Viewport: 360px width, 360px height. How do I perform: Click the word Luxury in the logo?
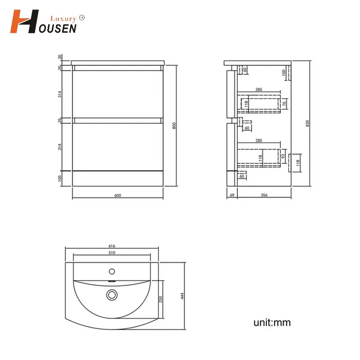pyautogui.click(x=63, y=19)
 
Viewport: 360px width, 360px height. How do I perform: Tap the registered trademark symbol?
pyautogui.click(x=82, y=18)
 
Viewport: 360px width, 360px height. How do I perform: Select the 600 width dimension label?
pyautogui.click(x=117, y=195)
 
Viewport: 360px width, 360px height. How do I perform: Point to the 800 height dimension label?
pyautogui.click(x=174, y=126)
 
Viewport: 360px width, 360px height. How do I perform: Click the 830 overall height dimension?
pyautogui.click(x=307, y=123)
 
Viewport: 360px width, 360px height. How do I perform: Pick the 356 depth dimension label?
pyautogui.click(x=264, y=195)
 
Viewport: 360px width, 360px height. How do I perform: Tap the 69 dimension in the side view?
pyautogui.click(x=232, y=195)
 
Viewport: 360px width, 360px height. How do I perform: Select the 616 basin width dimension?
pyautogui.click(x=112, y=246)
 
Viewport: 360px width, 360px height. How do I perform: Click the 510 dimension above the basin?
pyautogui.click(x=112, y=252)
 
